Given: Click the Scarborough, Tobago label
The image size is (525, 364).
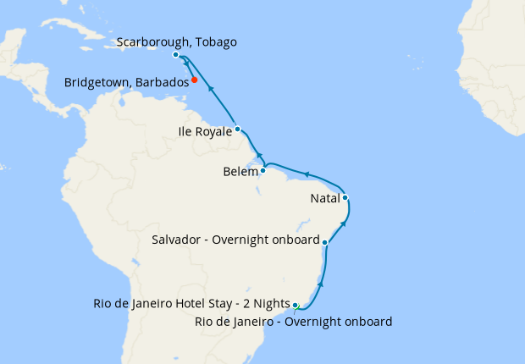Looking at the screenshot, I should click(176, 42).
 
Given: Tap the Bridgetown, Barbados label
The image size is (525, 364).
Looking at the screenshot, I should click(126, 83).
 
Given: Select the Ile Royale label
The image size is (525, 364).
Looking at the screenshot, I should click(206, 131).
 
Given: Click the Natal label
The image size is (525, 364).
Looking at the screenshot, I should click(325, 200).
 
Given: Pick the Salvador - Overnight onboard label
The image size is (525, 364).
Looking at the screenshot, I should click(235, 240).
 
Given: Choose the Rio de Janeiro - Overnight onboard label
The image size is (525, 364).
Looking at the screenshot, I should click(293, 321).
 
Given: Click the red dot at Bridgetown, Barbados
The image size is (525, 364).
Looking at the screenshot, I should click(194, 80).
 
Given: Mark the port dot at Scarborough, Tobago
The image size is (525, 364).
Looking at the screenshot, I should click(175, 55).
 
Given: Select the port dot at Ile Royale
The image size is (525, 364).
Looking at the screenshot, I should click(238, 130).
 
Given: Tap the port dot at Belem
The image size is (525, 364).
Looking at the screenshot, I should click(262, 170).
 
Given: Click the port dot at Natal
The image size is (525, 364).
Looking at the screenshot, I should click(345, 198).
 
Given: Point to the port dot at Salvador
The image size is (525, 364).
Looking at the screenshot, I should click(325, 241).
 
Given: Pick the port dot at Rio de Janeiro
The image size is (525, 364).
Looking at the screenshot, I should click(296, 305).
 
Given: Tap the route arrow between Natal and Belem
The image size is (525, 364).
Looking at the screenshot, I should click(307, 174).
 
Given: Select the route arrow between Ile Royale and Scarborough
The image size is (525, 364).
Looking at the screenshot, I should click(210, 88).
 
